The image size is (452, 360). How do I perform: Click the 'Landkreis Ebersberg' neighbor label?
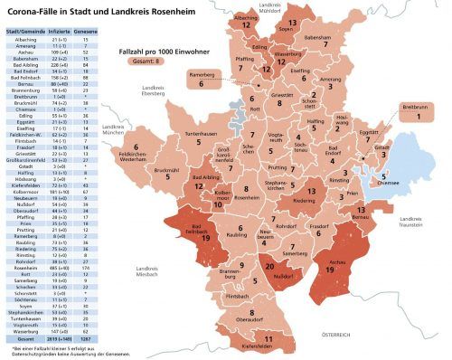click(159, 92)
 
